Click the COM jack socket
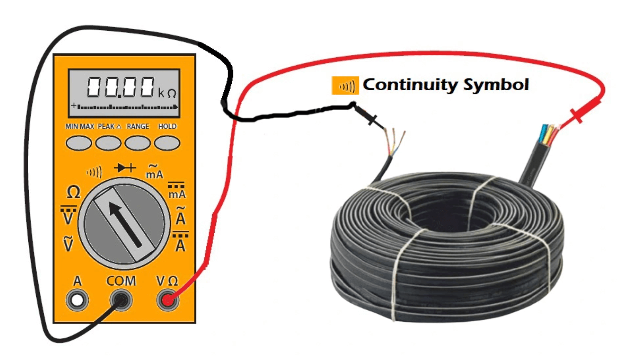tap(121, 300)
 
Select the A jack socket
tap(77, 300)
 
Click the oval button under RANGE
tap(138, 143)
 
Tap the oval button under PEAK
tap(108, 143)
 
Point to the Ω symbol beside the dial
tap(73, 192)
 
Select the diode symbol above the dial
tap(125, 168)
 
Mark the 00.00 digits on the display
tap(121, 88)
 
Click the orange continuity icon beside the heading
tap(345, 86)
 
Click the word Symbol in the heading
tap(496, 85)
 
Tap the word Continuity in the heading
tap(410, 84)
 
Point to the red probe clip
tap(584, 109)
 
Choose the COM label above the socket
tap(121, 281)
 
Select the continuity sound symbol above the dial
tap(94, 172)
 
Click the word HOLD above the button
tap(167, 126)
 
